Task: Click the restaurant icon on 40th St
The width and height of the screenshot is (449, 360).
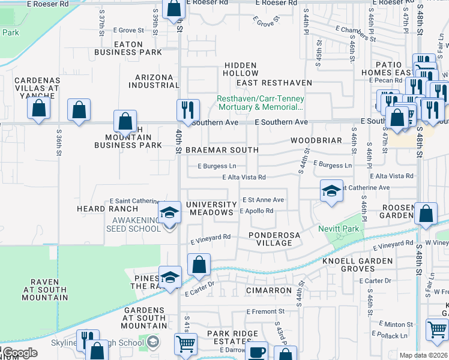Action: pos(187,110)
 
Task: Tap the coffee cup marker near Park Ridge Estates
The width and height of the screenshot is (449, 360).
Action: pos(258,352)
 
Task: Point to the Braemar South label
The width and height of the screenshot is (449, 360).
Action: pos(222,150)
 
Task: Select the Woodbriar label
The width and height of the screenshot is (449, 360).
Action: pos(316,140)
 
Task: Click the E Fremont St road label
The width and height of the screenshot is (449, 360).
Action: pos(266,311)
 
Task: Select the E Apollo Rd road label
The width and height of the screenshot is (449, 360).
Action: pos(256,211)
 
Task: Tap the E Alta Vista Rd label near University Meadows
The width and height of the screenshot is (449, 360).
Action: pos(244,177)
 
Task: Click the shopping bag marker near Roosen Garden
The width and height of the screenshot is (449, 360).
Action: pos(426,215)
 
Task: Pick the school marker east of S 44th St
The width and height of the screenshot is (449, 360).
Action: pos(330,191)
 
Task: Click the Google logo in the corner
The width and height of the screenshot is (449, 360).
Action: pos(20,353)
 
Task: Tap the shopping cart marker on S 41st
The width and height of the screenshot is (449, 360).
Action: pos(185,344)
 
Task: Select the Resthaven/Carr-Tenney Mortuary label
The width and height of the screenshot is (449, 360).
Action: pos(261,103)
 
